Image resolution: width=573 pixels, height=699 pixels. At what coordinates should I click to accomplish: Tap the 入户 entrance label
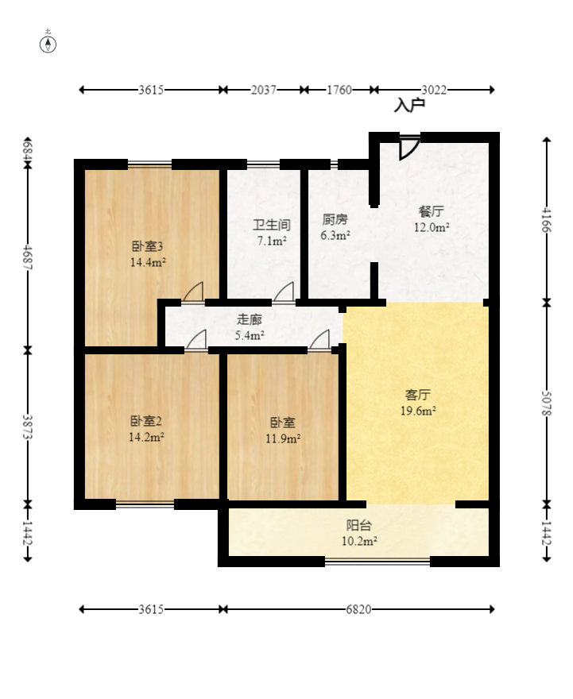click(410, 105)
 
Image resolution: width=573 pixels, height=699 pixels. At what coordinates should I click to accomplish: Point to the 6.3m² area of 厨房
click(335, 235)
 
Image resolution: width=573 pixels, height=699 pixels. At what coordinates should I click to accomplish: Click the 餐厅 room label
click(431, 212)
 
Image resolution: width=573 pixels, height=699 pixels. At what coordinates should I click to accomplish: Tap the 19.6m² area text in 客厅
click(418, 411)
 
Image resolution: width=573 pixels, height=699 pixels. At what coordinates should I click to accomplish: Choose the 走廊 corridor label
click(250, 320)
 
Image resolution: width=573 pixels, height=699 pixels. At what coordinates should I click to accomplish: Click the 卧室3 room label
click(148, 245)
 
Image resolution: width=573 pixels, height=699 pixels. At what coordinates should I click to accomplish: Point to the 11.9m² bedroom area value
click(283, 438)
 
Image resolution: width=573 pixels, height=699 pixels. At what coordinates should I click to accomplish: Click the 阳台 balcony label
click(359, 526)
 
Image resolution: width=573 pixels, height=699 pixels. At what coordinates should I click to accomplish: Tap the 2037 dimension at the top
click(263, 90)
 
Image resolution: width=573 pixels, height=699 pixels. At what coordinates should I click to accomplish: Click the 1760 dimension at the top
click(339, 90)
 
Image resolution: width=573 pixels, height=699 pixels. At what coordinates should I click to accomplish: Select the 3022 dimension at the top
click(434, 90)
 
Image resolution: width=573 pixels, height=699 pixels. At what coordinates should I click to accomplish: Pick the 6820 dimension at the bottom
click(358, 609)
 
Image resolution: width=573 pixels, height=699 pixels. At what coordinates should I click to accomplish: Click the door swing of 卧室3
click(193, 292)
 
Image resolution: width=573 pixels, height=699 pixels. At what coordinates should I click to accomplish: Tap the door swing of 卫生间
click(284, 292)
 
